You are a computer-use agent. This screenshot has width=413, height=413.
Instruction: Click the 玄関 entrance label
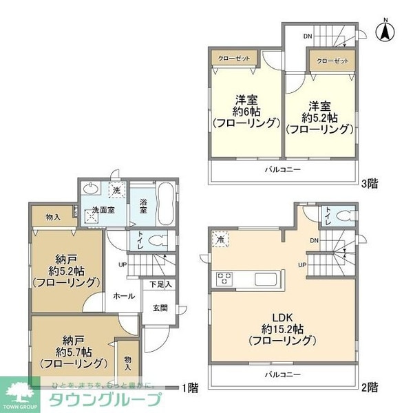coord(160,308)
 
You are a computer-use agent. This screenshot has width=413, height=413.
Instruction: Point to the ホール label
coord(123,296)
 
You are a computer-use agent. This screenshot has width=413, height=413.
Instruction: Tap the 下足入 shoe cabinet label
coord(160,284)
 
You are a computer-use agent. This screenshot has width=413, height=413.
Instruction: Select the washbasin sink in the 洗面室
coord(91,189)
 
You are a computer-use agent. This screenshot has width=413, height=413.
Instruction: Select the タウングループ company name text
coord(103,401)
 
